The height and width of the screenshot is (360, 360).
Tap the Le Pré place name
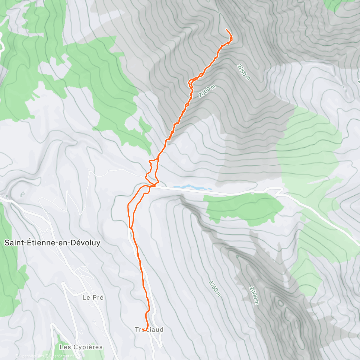[93, 297]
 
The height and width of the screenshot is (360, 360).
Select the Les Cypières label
[81, 347]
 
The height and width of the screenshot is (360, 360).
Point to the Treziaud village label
[149, 329]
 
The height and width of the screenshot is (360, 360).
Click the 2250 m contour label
[244, 72]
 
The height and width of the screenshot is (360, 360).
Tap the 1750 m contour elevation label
[215, 289]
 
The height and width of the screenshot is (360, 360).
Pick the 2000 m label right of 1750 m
[253, 295]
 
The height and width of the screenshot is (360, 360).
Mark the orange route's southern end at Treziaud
[144, 330]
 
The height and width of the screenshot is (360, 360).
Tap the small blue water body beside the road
[192, 187]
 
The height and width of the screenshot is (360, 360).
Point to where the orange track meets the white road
[154, 186]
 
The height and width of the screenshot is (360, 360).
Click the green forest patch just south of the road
[244, 207]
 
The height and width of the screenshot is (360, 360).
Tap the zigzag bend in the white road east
[279, 191]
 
